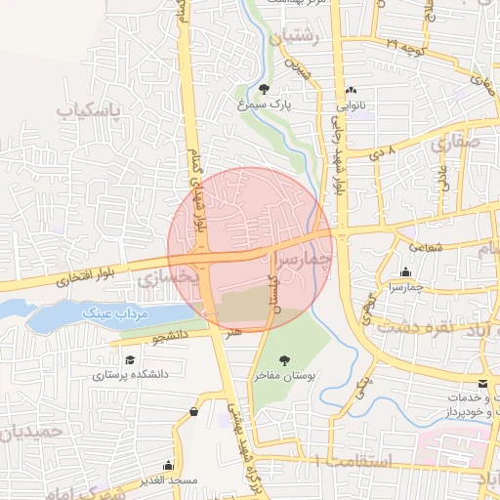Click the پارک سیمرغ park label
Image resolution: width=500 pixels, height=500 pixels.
pos(265,103)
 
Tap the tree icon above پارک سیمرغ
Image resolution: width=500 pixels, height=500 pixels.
pos(264,89)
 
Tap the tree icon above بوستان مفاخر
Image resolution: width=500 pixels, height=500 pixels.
pos(285,361)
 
